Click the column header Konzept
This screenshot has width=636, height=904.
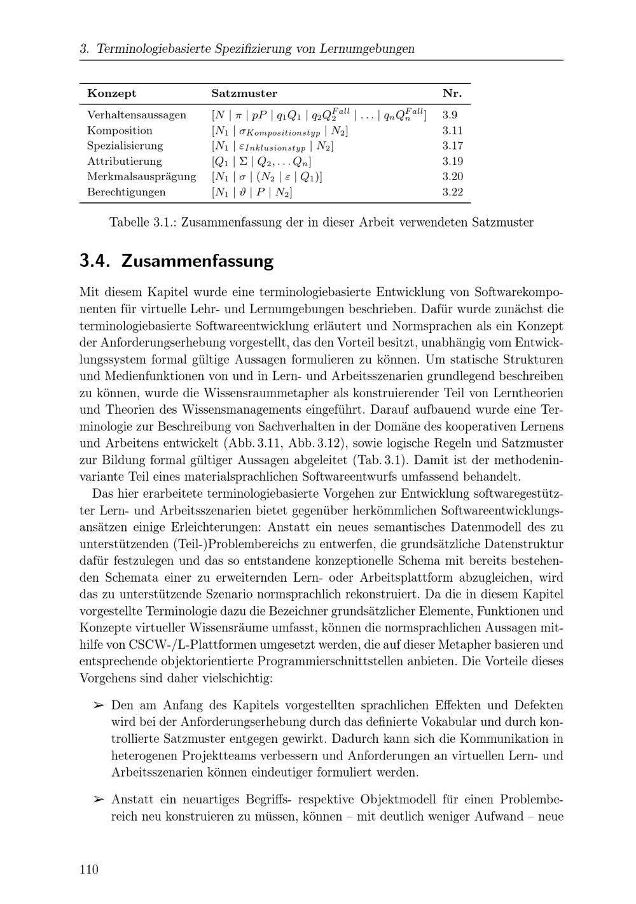pos(111,94)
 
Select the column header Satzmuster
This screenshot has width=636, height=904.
pos(244,94)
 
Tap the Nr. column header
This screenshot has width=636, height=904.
pos(452,94)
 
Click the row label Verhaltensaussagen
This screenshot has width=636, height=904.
pos(137,115)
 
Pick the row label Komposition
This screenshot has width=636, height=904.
pos(120,131)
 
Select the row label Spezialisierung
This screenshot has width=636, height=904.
pos(125,146)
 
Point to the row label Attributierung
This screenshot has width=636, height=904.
pos(125,161)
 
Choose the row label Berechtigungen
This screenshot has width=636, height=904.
pos(126,192)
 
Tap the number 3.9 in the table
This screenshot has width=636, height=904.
pos(450,115)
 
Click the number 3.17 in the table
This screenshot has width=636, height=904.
pos(452,146)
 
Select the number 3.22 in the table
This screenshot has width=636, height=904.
pos(452,192)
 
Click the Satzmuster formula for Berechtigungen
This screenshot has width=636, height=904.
pos(252,192)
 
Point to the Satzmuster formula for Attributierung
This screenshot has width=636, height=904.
pos(261,161)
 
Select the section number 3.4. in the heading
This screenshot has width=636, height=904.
pos(96,261)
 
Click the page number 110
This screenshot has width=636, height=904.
pos(89,870)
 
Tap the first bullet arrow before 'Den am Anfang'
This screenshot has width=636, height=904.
pos(98,705)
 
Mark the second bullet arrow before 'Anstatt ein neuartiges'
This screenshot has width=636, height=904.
pos(98,799)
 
